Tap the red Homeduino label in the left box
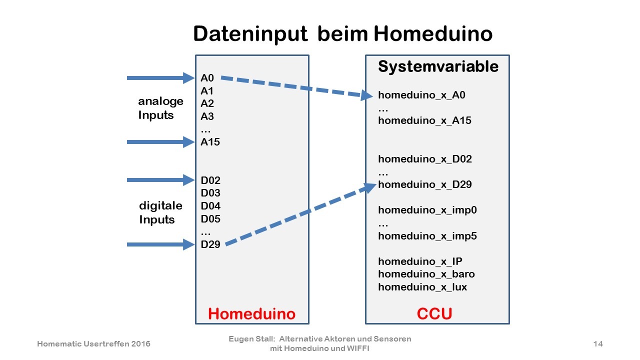251,313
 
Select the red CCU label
434,313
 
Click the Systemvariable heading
438,67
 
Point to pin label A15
210,142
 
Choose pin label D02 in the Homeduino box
210,180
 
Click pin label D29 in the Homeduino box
210,244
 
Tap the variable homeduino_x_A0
421,95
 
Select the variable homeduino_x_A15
424,120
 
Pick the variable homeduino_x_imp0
427,210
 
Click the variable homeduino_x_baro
426,274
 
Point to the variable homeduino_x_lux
422,287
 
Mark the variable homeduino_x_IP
420,261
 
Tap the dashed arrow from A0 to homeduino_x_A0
297,87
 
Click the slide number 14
598,343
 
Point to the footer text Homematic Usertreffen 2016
93,343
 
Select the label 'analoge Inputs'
160,108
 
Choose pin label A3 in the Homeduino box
207,116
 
